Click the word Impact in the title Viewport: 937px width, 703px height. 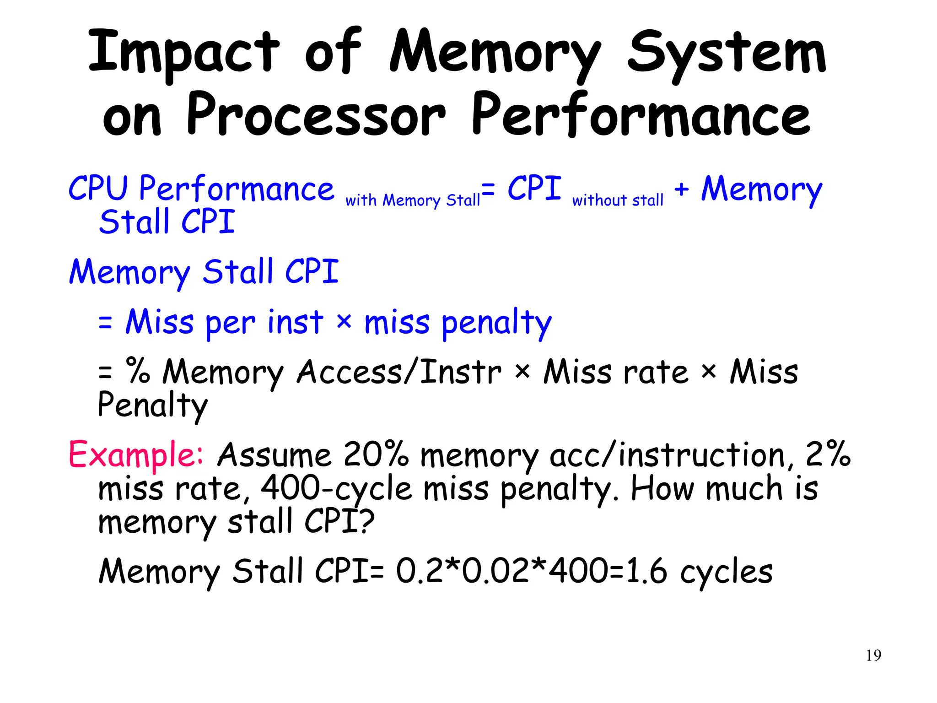click(x=183, y=53)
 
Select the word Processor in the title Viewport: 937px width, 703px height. click(x=316, y=114)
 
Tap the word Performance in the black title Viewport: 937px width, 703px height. click(x=641, y=114)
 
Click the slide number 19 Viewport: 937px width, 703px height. click(x=873, y=655)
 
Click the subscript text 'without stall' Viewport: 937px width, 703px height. click(x=617, y=200)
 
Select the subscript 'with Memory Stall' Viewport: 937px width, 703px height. click(x=413, y=200)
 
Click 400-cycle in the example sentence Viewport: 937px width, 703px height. click(x=336, y=489)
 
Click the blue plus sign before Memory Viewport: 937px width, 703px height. click(x=681, y=189)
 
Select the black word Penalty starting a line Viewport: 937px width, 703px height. click(x=152, y=406)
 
